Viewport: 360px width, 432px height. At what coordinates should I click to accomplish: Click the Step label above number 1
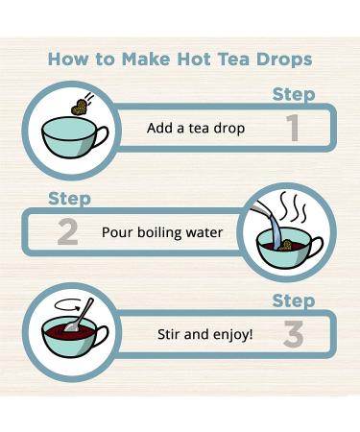(294, 94)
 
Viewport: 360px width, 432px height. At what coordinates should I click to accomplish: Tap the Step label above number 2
(69, 199)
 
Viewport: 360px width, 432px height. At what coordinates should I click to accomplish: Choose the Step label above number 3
(294, 301)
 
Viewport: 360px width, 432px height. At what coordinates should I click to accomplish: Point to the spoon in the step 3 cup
(84, 313)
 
